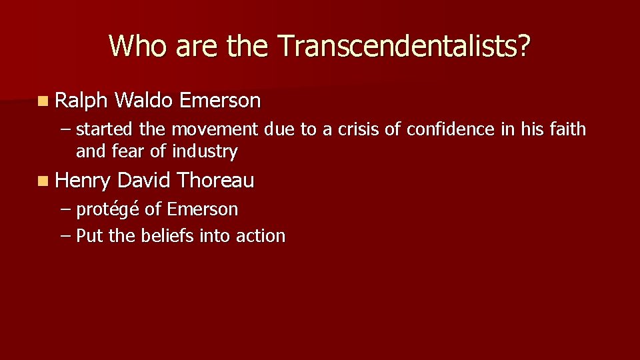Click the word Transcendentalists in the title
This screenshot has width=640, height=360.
[x=404, y=46]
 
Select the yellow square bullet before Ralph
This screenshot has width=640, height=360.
[x=43, y=102]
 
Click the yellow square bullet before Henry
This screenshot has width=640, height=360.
[x=43, y=181]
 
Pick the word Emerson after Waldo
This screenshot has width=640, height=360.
[x=221, y=101]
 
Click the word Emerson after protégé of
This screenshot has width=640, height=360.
[x=202, y=209]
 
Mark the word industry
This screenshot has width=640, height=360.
[x=205, y=152]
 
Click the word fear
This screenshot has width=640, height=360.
[x=131, y=152]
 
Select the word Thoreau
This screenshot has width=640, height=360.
[x=216, y=180]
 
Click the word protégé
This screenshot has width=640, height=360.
[x=108, y=210]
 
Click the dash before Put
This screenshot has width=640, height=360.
[x=65, y=236]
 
